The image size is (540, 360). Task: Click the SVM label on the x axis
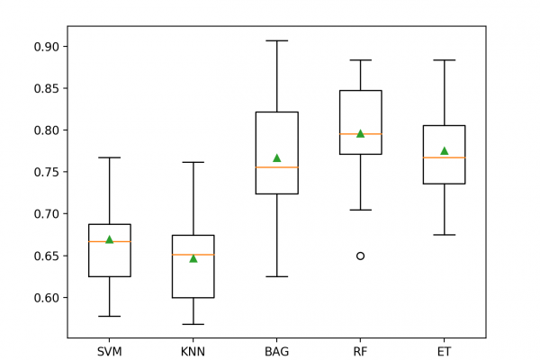[x=110, y=351]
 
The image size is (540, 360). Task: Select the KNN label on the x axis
[x=193, y=351]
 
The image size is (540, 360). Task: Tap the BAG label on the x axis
[x=276, y=351]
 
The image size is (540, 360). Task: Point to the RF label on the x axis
[x=360, y=351]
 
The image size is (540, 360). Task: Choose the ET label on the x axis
[x=444, y=351]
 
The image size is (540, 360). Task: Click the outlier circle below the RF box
[x=360, y=256]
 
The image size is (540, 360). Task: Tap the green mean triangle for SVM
[x=110, y=239]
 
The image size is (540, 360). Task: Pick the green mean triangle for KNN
[x=193, y=258]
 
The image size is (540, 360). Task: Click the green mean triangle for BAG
[x=276, y=157]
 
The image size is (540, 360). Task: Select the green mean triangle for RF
[x=360, y=133]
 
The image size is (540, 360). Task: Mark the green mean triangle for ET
[x=444, y=150]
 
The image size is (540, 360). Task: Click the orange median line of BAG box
[x=276, y=167]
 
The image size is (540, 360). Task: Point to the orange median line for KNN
[x=193, y=255]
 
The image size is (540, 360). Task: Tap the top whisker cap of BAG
[x=276, y=40]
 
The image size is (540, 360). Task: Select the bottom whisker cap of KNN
[x=193, y=324]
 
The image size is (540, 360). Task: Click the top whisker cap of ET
[x=444, y=60]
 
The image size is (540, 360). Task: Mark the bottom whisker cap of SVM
[x=110, y=316]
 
